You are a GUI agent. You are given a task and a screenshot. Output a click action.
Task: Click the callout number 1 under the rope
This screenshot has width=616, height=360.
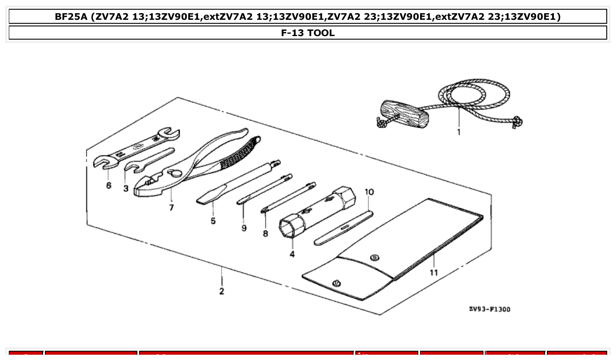pos(458,132)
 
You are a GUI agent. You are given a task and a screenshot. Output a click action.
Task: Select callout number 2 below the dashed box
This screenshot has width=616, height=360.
pos(221,291)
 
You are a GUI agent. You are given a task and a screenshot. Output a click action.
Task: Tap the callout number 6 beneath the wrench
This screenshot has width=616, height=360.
pos(109,185)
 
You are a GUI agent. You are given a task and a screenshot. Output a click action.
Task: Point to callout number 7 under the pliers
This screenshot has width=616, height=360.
pos(171,207)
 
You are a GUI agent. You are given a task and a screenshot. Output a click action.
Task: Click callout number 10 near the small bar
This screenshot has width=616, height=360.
pos(369,192)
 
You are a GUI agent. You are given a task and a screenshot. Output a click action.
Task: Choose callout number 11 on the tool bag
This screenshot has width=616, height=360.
pos(434,272)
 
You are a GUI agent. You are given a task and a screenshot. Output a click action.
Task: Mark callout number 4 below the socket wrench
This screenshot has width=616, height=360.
pos(292,254)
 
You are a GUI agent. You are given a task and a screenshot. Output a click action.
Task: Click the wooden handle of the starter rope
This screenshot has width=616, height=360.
pos(403,114)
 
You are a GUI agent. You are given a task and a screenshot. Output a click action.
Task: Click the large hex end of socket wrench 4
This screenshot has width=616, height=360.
pos(291,226)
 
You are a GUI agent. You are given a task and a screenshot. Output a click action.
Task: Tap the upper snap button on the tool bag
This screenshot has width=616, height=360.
pos(375,258)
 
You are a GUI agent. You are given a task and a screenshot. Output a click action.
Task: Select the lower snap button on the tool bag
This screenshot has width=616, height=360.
pos(337,283)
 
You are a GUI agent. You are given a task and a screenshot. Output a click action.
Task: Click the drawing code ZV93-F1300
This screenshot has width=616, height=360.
pos(490,309)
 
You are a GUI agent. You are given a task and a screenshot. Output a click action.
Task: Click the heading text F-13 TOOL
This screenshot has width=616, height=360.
pos(308,33)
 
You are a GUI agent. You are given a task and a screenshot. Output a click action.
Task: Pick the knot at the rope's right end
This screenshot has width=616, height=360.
pos(518,121)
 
